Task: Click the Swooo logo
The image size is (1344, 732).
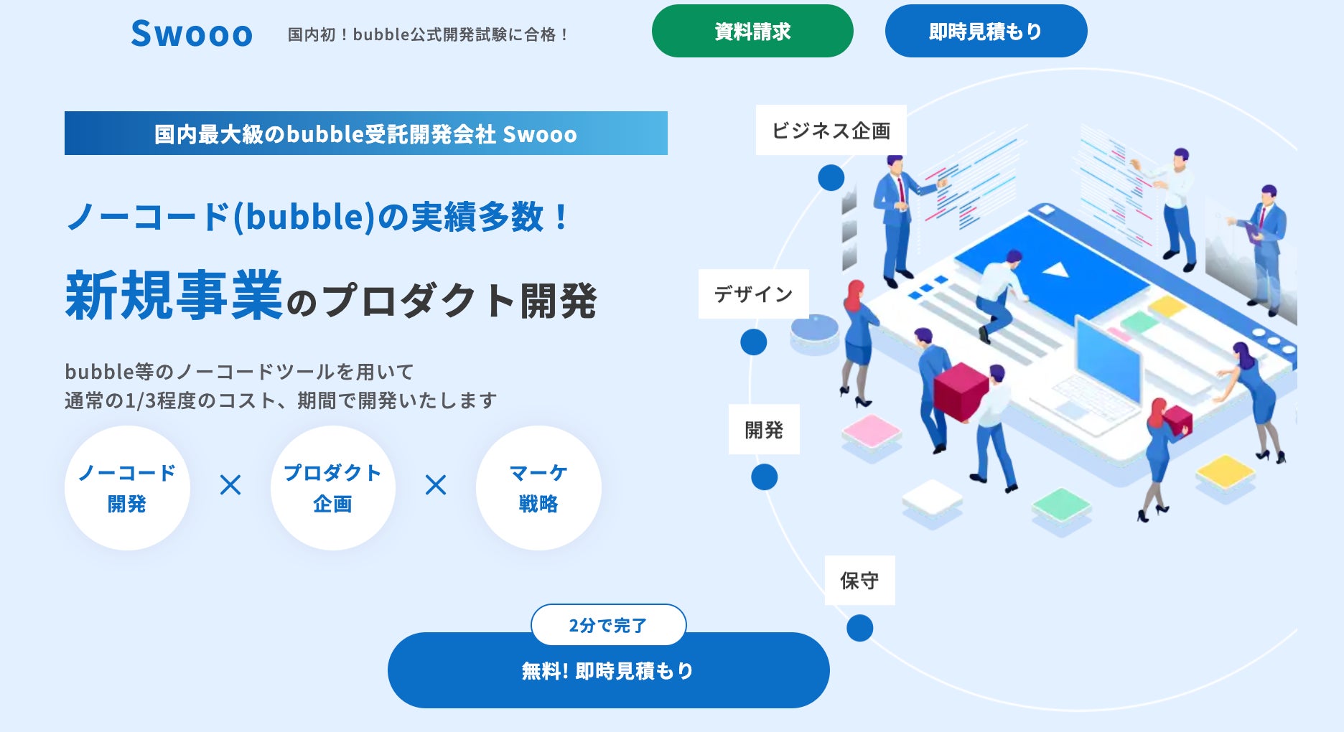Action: point(192,34)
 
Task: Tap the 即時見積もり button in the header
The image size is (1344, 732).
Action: point(986,32)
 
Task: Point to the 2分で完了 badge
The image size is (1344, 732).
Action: point(608,624)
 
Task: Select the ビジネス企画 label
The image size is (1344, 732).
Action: point(831,130)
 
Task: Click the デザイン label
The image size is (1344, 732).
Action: point(753,294)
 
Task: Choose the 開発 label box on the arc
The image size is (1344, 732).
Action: point(764,429)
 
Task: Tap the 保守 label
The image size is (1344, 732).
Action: point(859,580)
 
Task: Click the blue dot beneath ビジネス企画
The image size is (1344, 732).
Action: point(831,177)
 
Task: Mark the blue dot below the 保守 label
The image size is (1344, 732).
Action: point(859,628)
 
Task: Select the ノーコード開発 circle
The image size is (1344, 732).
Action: point(127,488)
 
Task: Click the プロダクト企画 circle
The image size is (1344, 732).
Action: point(332,488)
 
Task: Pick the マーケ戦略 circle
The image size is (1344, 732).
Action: point(538,488)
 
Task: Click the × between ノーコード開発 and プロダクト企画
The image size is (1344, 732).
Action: point(230,485)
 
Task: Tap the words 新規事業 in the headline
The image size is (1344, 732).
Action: point(174,296)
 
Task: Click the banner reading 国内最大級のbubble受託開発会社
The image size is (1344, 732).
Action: point(366,133)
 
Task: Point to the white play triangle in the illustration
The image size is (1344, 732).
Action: point(1055,270)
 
